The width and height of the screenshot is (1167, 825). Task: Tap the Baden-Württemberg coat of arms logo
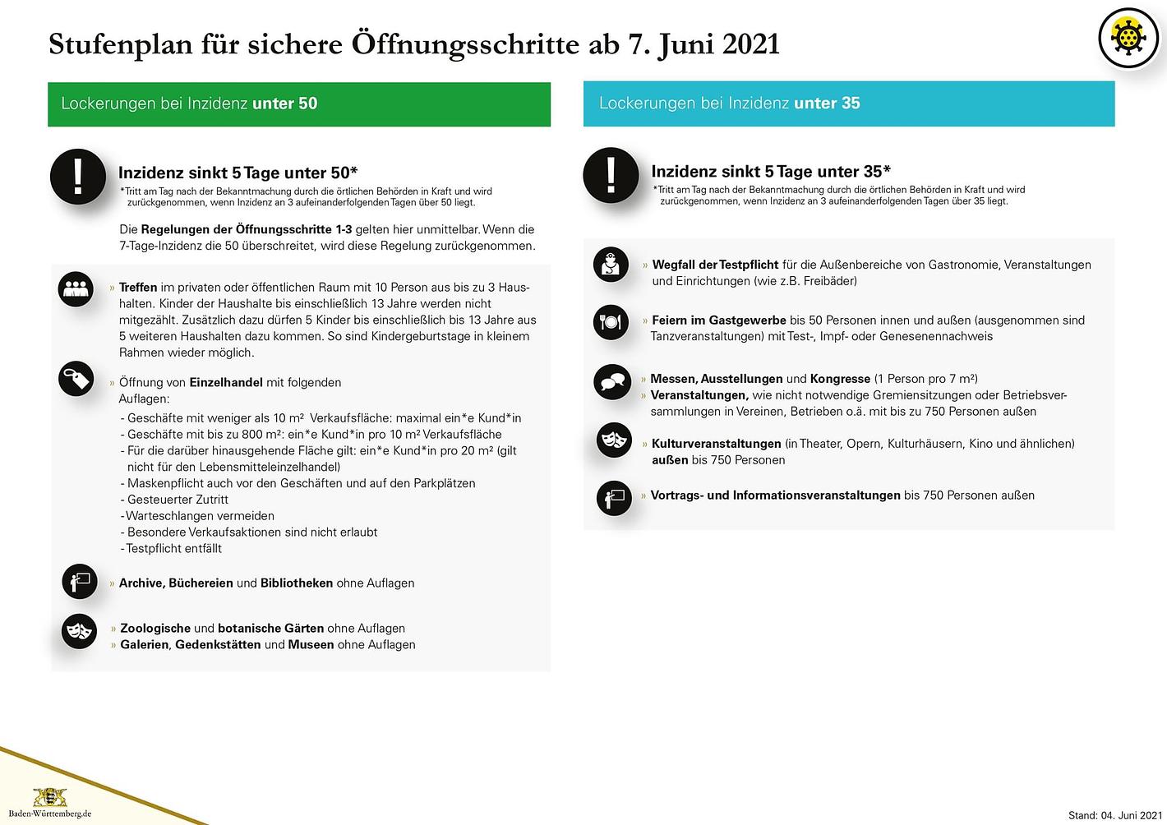click(49, 797)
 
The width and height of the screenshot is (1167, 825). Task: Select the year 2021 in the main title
click(750, 44)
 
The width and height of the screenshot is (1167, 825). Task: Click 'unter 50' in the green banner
click(284, 104)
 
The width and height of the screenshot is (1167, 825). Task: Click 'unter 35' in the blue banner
click(827, 103)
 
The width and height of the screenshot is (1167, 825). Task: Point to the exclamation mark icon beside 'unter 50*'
click(78, 176)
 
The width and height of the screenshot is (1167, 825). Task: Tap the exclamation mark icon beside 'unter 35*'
click(611, 175)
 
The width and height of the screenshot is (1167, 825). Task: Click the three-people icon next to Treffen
click(76, 288)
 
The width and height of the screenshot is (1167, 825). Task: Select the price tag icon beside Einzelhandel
click(76, 380)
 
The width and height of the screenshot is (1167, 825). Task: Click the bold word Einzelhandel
click(226, 382)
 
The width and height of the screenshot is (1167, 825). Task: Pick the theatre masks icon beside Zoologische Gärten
click(79, 631)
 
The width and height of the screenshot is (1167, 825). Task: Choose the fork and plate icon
click(611, 322)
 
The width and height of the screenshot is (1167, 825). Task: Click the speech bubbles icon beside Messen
click(612, 382)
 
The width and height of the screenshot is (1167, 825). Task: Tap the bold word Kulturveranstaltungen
click(716, 444)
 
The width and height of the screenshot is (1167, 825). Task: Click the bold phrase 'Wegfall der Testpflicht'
click(715, 265)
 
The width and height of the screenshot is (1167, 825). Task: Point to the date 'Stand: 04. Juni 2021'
click(1115, 815)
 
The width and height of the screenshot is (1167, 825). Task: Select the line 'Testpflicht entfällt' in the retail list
click(173, 548)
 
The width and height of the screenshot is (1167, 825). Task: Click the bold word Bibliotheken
click(297, 583)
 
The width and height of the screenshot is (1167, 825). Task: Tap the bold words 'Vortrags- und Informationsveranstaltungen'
click(775, 495)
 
